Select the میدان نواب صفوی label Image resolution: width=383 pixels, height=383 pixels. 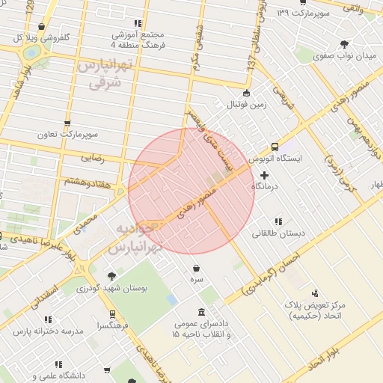point(343,55)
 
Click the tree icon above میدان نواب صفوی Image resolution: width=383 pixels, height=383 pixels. point(343,44)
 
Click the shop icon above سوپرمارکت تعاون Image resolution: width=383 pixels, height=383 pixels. point(67,123)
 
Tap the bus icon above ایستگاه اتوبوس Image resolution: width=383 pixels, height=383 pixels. point(275,147)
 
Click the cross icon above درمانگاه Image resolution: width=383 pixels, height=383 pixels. point(264,174)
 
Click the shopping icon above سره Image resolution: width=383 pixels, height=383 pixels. point(196,267)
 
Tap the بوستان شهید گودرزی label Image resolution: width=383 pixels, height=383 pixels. point(114,287)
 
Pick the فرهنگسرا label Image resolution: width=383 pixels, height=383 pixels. point(111,326)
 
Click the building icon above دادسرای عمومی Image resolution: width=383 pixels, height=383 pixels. point(201,312)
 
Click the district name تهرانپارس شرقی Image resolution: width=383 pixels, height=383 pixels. point(105,76)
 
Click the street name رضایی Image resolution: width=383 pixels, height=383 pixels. point(92,158)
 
